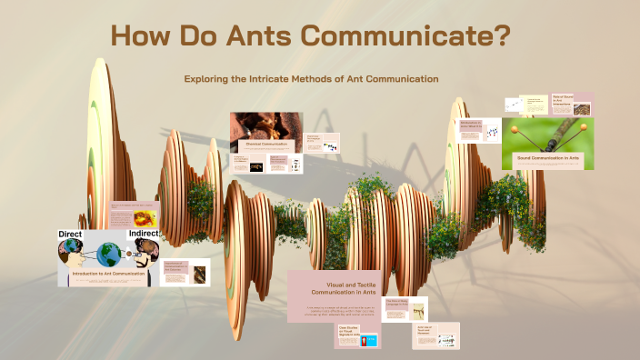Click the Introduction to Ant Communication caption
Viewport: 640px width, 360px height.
coord(107,273)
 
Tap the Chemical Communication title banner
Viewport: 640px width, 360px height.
coord(265,145)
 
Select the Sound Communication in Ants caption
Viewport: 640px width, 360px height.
coord(547,158)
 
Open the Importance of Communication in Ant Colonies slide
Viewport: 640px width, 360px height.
coord(185,272)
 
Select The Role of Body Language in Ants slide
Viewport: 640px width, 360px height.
coord(405,308)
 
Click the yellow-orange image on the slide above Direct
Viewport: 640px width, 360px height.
coord(145,218)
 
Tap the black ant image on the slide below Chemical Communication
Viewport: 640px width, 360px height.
coord(256,166)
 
